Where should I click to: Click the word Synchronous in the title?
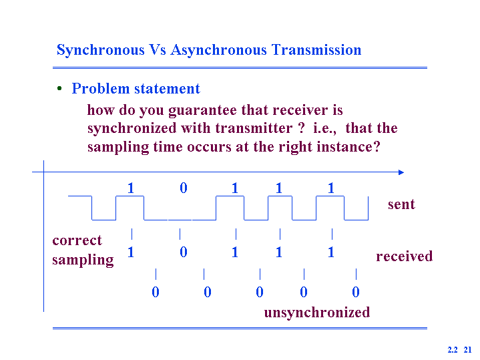[100, 50]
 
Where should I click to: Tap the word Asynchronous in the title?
[218, 50]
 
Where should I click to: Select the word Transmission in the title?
[316, 49]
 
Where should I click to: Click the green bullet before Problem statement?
[59, 89]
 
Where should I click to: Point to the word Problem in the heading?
[101, 89]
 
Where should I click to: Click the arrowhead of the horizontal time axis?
[401, 172]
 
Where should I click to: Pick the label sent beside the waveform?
[401, 204]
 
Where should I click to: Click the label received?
[405, 256]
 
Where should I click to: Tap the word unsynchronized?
[317, 313]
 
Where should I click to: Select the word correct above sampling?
[77, 240]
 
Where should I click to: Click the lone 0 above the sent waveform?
[184, 188]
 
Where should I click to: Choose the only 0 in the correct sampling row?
[184, 252]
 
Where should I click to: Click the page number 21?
[467, 349]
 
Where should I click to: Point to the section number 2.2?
[453, 349]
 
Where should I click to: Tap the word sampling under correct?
[83, 260]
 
